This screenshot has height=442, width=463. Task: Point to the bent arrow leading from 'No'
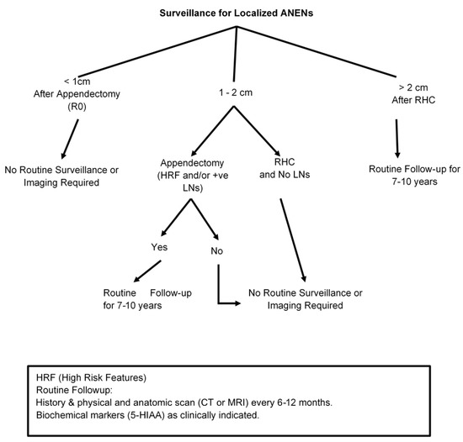point(223,290)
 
